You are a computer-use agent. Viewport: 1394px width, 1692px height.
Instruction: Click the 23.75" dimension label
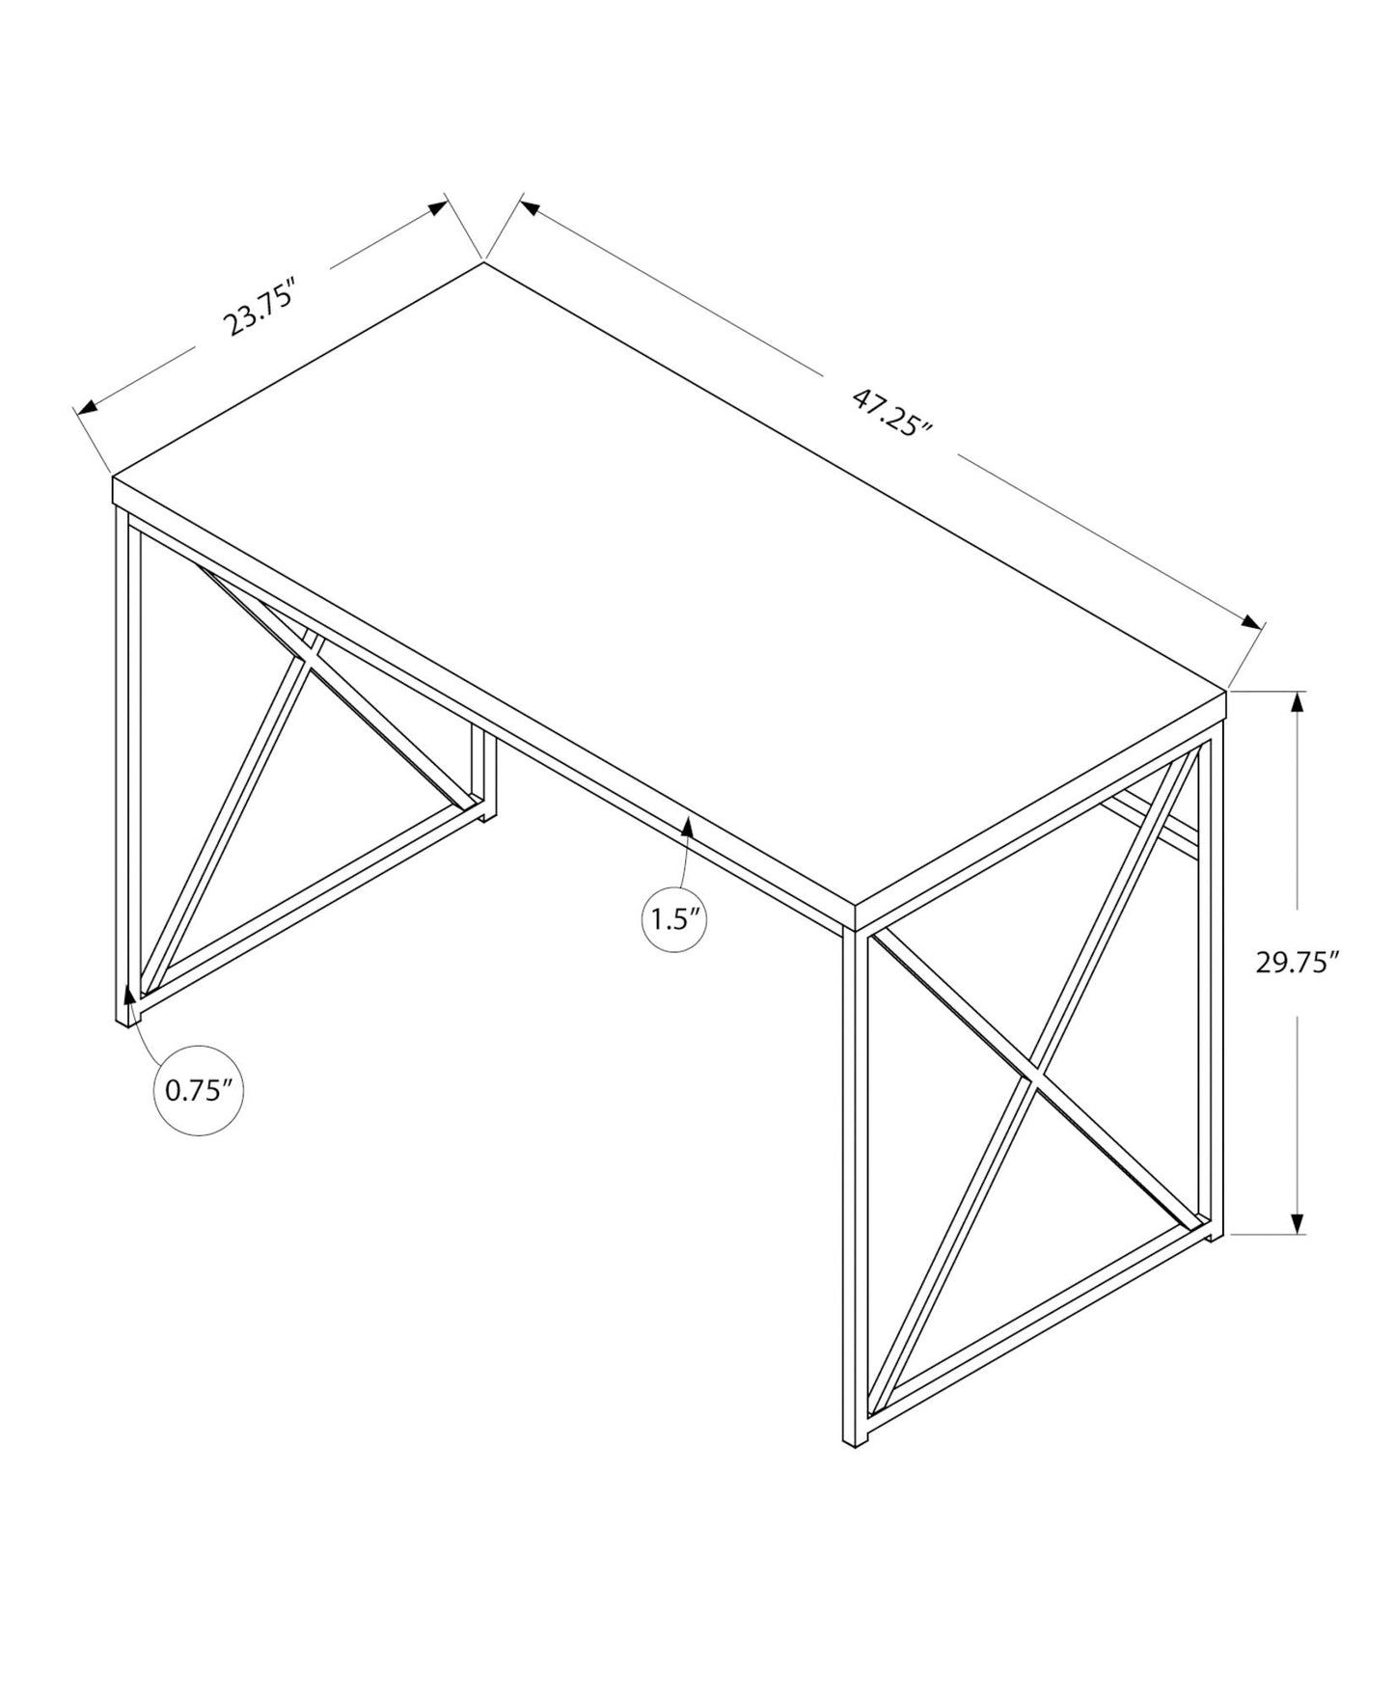coord(258,306)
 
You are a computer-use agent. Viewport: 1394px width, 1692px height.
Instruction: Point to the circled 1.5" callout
coord(674,918)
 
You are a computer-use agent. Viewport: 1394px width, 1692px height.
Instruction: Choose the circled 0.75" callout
coord(198,1091)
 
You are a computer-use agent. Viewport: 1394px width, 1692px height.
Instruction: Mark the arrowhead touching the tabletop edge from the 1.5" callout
coord(688,826)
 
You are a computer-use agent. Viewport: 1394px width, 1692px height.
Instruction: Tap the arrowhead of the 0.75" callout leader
coord(129,994)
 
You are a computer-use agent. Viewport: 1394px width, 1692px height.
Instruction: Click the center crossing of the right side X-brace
coord(1033,1078)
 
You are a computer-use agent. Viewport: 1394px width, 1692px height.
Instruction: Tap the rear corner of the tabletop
coord(483,262)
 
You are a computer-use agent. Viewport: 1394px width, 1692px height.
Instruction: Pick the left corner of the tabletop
coord(114,478)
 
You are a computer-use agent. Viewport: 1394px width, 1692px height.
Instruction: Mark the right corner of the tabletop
coord(1225,691)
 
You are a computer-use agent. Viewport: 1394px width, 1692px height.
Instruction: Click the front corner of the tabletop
coord(855,907)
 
